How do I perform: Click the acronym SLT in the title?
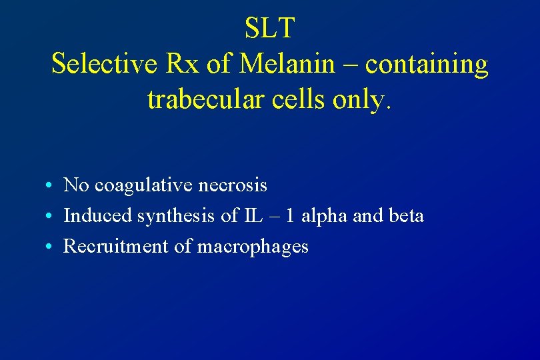point(269,28)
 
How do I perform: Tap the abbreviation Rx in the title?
point(181,64)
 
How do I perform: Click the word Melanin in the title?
point(287,64)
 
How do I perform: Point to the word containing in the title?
point(427,65)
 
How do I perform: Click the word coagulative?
point(143,185)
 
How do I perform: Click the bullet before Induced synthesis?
point(50,217)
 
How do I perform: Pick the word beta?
point(407,216)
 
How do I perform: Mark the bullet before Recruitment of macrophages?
point(50,247)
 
